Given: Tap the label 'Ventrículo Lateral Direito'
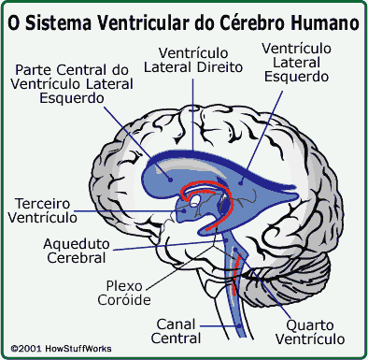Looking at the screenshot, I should (x=195, y=61).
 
